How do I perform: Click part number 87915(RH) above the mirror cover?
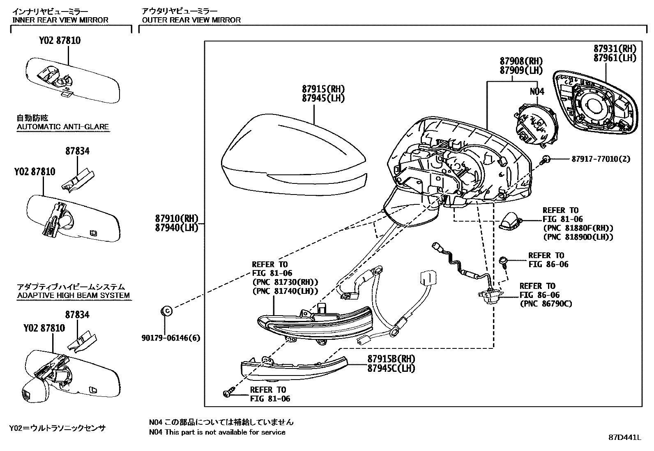coord(323,89)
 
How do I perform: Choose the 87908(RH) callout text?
coord(521,61)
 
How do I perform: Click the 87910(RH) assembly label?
coord(177,218)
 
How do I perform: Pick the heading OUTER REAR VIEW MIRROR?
coord(191,20)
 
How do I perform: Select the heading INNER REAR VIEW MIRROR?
coord(60,20)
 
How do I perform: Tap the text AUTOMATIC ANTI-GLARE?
coord(63,126)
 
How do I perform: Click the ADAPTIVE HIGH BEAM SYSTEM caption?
coord(74,295)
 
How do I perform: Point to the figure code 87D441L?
coord(624,437)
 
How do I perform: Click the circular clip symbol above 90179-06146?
coord(166,311)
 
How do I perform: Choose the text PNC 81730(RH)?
coord(285,282)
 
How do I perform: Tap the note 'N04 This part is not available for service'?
coord(217,432)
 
